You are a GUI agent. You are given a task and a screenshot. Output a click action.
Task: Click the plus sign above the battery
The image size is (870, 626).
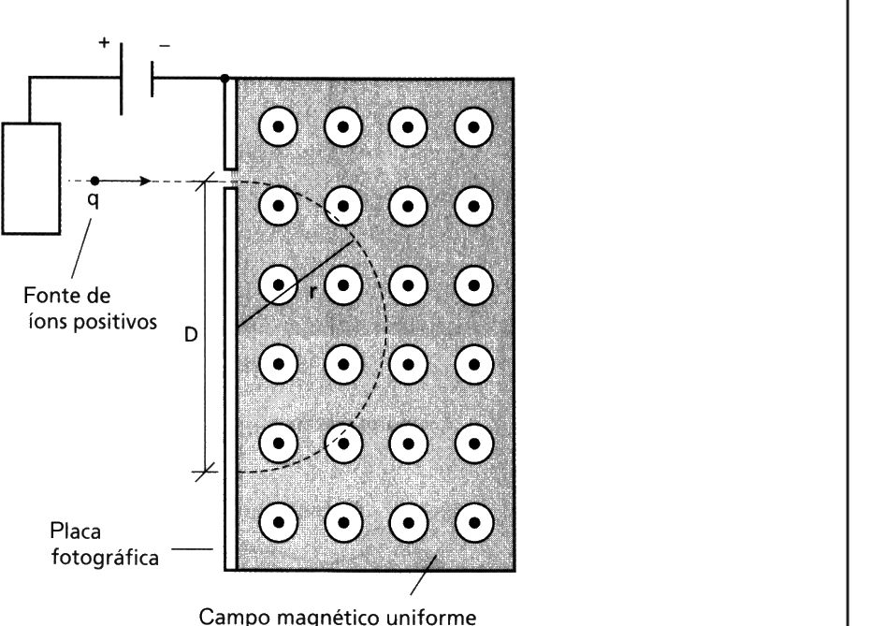pos(104,42)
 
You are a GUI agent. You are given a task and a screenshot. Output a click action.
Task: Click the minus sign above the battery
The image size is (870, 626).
pos(165,46)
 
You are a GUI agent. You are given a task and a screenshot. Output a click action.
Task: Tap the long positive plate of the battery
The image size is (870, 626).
pos(122,79)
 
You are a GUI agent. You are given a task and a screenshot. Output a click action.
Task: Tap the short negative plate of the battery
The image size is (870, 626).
pos(152,79)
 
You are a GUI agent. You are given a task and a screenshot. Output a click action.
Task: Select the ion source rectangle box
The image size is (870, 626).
pos(31,179)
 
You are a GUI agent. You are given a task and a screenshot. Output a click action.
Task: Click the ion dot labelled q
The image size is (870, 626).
pos(94,181)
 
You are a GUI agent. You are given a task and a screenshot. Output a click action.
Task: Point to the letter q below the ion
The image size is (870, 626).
pos(94,199)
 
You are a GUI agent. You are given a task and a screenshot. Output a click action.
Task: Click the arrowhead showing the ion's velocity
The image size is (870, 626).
pos(145,181)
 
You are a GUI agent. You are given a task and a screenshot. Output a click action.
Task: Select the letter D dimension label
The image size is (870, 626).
pos(190,335)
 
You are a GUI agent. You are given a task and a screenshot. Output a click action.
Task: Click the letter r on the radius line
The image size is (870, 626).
pos(312,292)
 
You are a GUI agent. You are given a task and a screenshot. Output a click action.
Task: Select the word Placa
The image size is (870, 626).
pos(76,531)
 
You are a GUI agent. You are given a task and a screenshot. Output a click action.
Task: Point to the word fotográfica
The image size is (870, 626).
pos(105,557)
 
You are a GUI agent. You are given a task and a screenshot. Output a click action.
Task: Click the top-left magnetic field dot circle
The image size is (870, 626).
pos(278,127)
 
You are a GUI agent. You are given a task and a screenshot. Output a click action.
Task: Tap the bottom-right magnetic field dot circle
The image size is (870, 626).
pos(474,523)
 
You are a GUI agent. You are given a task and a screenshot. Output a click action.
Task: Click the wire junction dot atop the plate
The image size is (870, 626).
pos(225,79)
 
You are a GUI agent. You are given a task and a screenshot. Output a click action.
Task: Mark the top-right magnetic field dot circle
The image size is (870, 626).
pos(473,127)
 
